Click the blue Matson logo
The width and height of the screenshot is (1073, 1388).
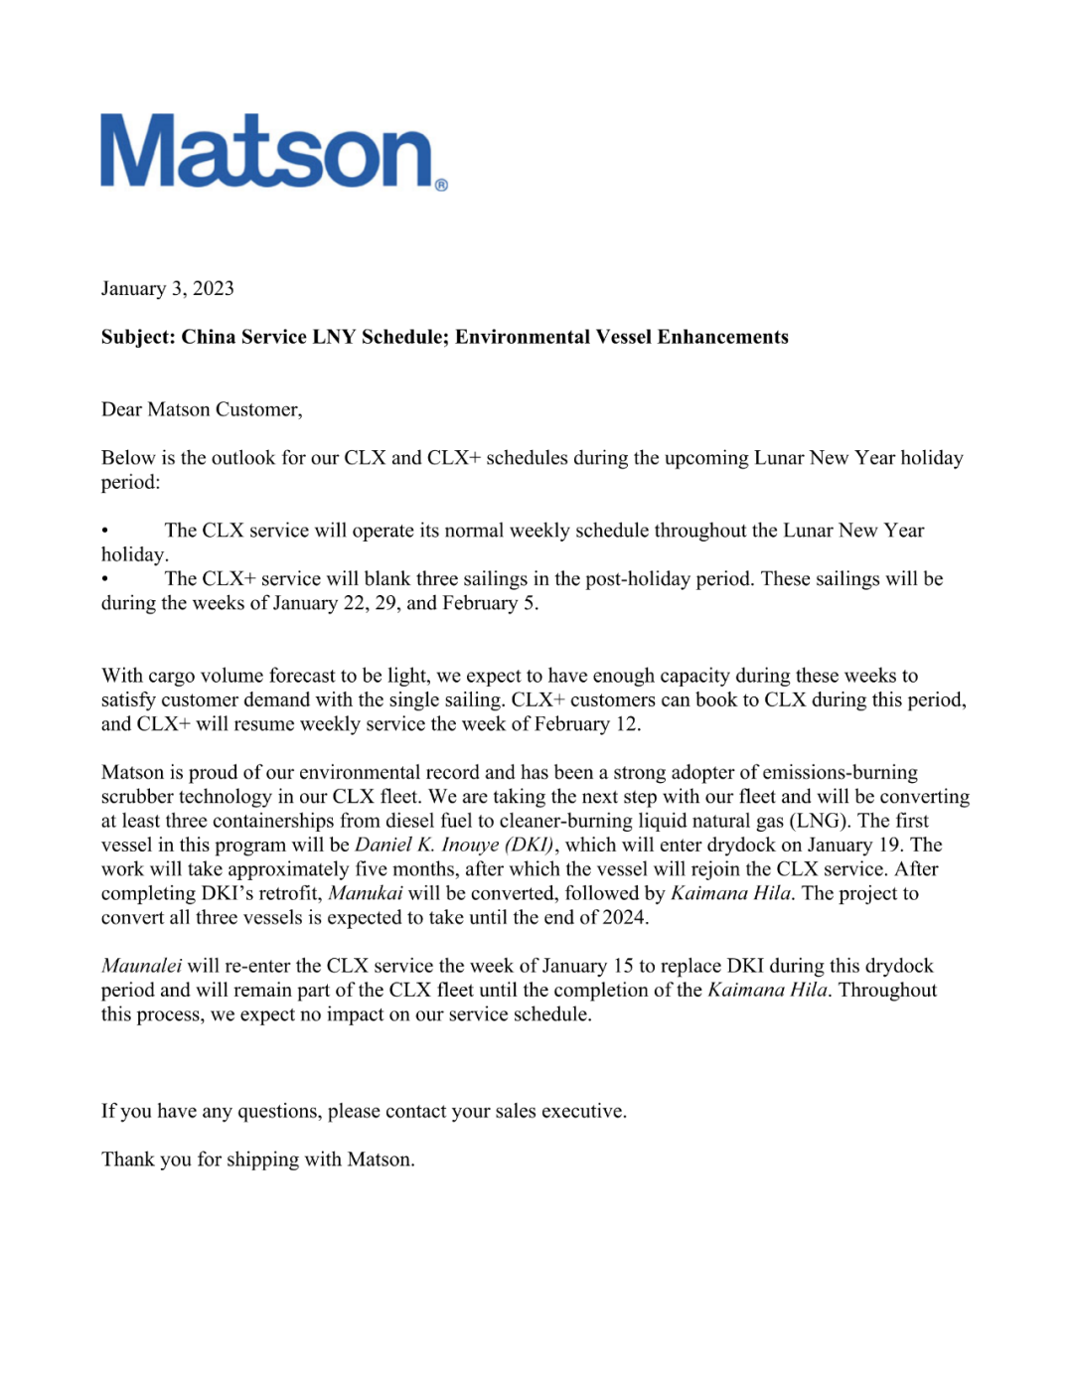coord(266,152)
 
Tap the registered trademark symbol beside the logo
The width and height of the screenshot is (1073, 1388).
coord(441,185)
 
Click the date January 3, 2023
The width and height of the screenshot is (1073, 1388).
coord(167,288)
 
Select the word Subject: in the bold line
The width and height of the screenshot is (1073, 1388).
coord(138,337)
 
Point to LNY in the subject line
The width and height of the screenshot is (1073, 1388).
coord(333,337)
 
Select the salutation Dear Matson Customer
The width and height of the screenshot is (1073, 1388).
coord(201,409)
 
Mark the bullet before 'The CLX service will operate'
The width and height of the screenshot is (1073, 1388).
coord(104,531)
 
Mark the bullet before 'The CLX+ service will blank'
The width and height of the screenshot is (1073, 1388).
coord(104,579)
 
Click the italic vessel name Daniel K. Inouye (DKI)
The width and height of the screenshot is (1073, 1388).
coord(454,845)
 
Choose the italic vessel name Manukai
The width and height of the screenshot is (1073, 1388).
coord(365,893)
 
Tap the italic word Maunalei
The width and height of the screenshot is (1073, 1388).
coord(141,966)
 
